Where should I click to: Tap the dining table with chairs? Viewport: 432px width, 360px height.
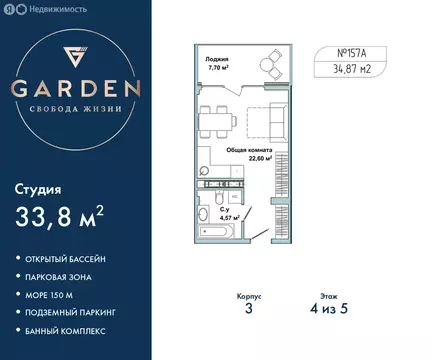tap(215, 124)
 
